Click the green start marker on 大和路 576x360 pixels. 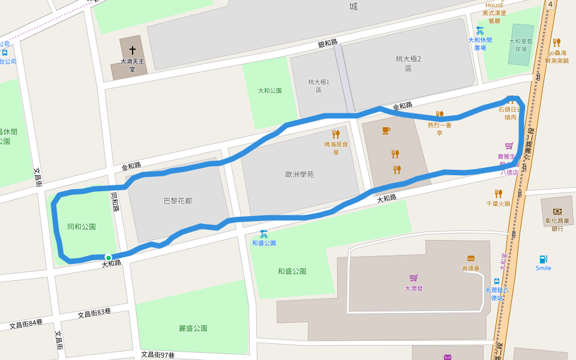tap(109, 257)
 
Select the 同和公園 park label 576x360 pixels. tap(82, 227)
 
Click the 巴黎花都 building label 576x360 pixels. tap(178, 200)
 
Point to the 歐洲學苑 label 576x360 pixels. tap(299, 175)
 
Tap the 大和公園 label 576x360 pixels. tap(269, 91)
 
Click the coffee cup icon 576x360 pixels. tap(386, 130)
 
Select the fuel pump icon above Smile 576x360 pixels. tap(543, 259)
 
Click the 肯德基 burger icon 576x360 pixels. tap(471, 259)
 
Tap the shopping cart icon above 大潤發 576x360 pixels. tap(413, 278)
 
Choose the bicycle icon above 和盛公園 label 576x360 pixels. tap(263, 233)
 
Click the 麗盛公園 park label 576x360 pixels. tap(193, 328)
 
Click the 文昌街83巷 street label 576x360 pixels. tap(95, 313)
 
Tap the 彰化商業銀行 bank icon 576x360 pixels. tap(557, 211)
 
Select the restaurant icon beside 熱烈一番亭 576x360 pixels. tap(439, 114)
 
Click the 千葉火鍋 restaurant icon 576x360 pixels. tap(498, 193)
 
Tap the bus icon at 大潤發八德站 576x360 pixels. tap(497, 281)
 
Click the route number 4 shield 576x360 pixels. tap(550, 4)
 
